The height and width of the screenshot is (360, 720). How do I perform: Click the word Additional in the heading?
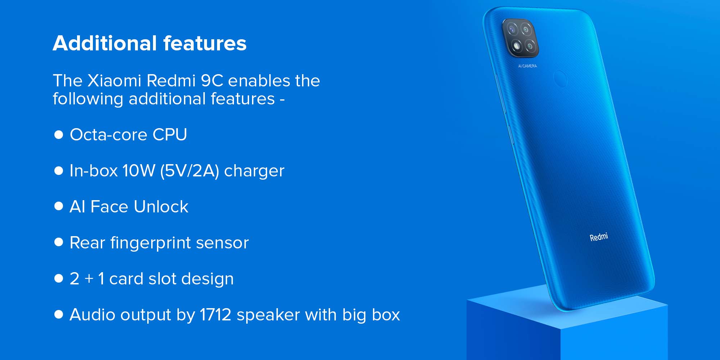(x=105, y=43)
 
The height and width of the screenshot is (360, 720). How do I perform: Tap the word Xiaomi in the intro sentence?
(x=114, y=81)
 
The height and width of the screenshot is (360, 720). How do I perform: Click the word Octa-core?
(x=108, y=135)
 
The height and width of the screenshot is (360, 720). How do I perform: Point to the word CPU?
(x=170, y=135)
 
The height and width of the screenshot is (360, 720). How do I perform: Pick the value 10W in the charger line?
(x=139, y=171)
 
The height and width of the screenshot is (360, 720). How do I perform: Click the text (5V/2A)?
(x=190, y=171)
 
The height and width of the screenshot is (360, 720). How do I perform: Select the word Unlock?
(x=161, y=207)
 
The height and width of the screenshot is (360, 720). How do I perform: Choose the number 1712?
(x=215, y=315)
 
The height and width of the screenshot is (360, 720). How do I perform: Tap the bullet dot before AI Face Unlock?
(x=58, y=206)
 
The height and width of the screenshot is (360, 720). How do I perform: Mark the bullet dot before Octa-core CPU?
(x=58, y=134)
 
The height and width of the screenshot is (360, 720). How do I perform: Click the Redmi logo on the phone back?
(x=599, y=237)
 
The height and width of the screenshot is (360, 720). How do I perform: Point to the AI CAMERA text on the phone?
(x=527, y=66)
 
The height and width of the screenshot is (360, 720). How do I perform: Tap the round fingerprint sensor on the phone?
(x=560, y=79)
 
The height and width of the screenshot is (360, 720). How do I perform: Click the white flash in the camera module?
(x=517, y=46)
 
